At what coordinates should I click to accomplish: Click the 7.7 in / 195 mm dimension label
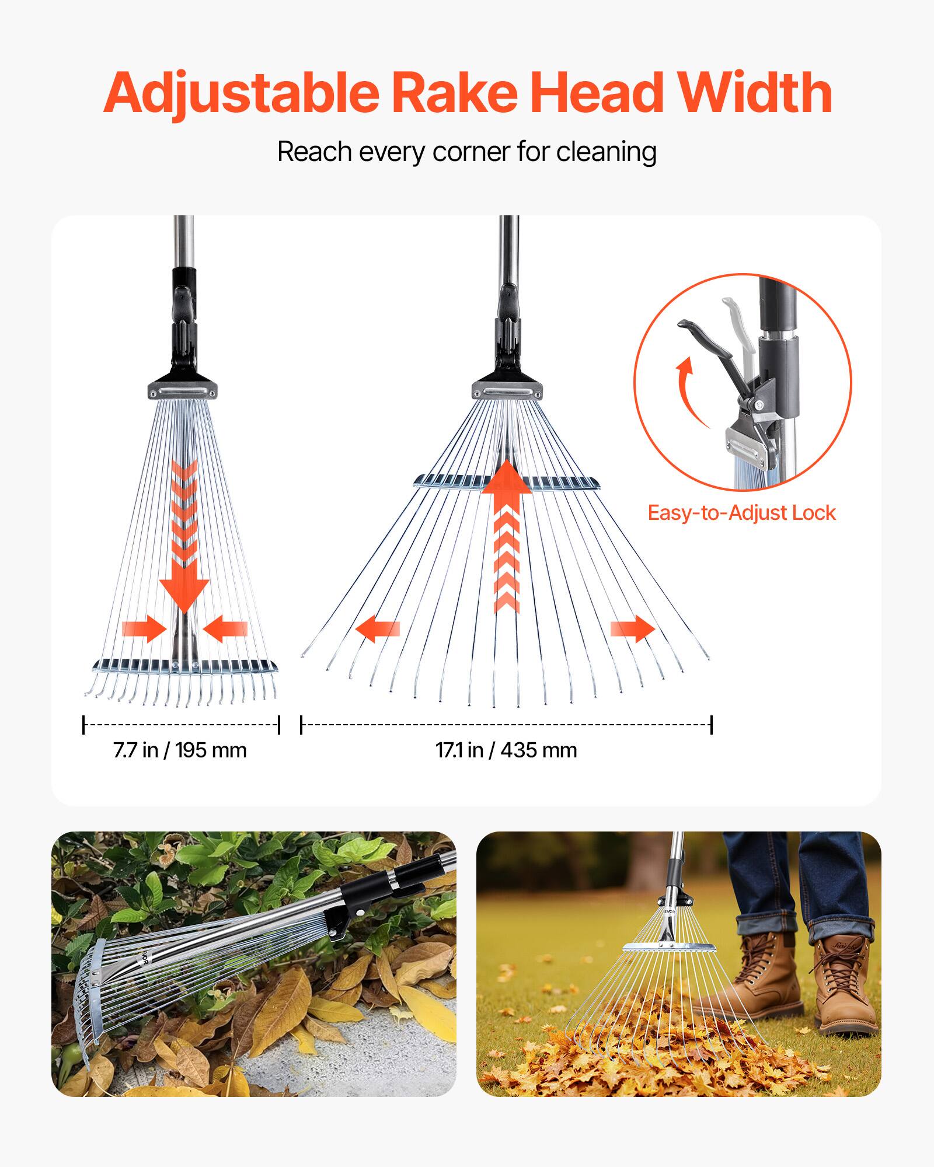(180, 750)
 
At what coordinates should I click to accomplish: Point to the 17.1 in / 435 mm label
(506, 750)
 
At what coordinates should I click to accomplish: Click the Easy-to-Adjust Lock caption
(742, 513)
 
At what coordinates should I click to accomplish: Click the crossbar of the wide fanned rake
(506, 482)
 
